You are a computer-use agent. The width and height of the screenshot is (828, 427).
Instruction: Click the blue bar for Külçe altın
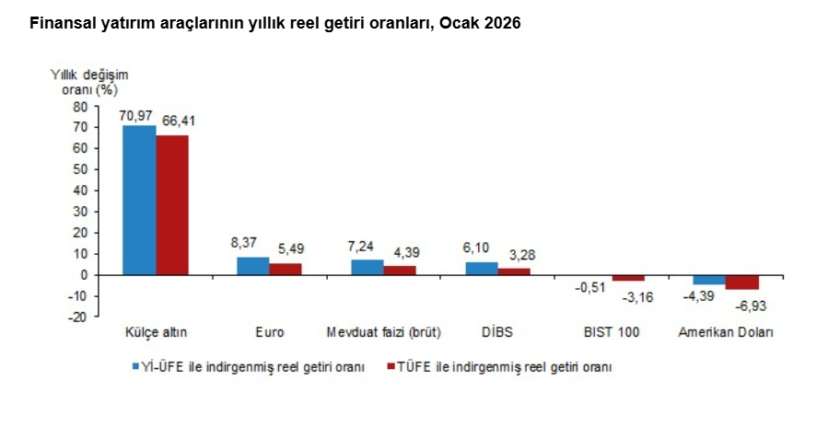pos(139,200)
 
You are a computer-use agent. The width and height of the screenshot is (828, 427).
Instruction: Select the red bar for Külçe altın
pos(172,204)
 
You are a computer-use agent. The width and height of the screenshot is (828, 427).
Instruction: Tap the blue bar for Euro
pos(253,266)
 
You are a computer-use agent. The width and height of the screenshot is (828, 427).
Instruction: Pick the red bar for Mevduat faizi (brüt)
pos(400,270)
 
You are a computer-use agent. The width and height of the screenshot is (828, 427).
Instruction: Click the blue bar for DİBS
pos(482,269)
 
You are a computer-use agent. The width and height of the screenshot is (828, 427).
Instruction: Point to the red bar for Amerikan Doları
pos(742,282)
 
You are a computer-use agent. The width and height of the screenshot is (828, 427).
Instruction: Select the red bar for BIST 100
pos(628,278)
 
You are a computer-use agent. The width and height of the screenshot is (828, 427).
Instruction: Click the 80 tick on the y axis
pos(80,106)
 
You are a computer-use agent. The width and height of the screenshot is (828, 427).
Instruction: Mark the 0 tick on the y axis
pos(84,274)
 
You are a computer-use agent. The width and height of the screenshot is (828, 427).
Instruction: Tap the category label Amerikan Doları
pos(726,332)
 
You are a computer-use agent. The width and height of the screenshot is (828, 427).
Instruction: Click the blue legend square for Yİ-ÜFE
pos(134,366)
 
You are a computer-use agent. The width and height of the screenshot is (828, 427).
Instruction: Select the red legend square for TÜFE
pos(391,366)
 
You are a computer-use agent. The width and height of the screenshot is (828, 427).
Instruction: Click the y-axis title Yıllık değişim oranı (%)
pos(88,81)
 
